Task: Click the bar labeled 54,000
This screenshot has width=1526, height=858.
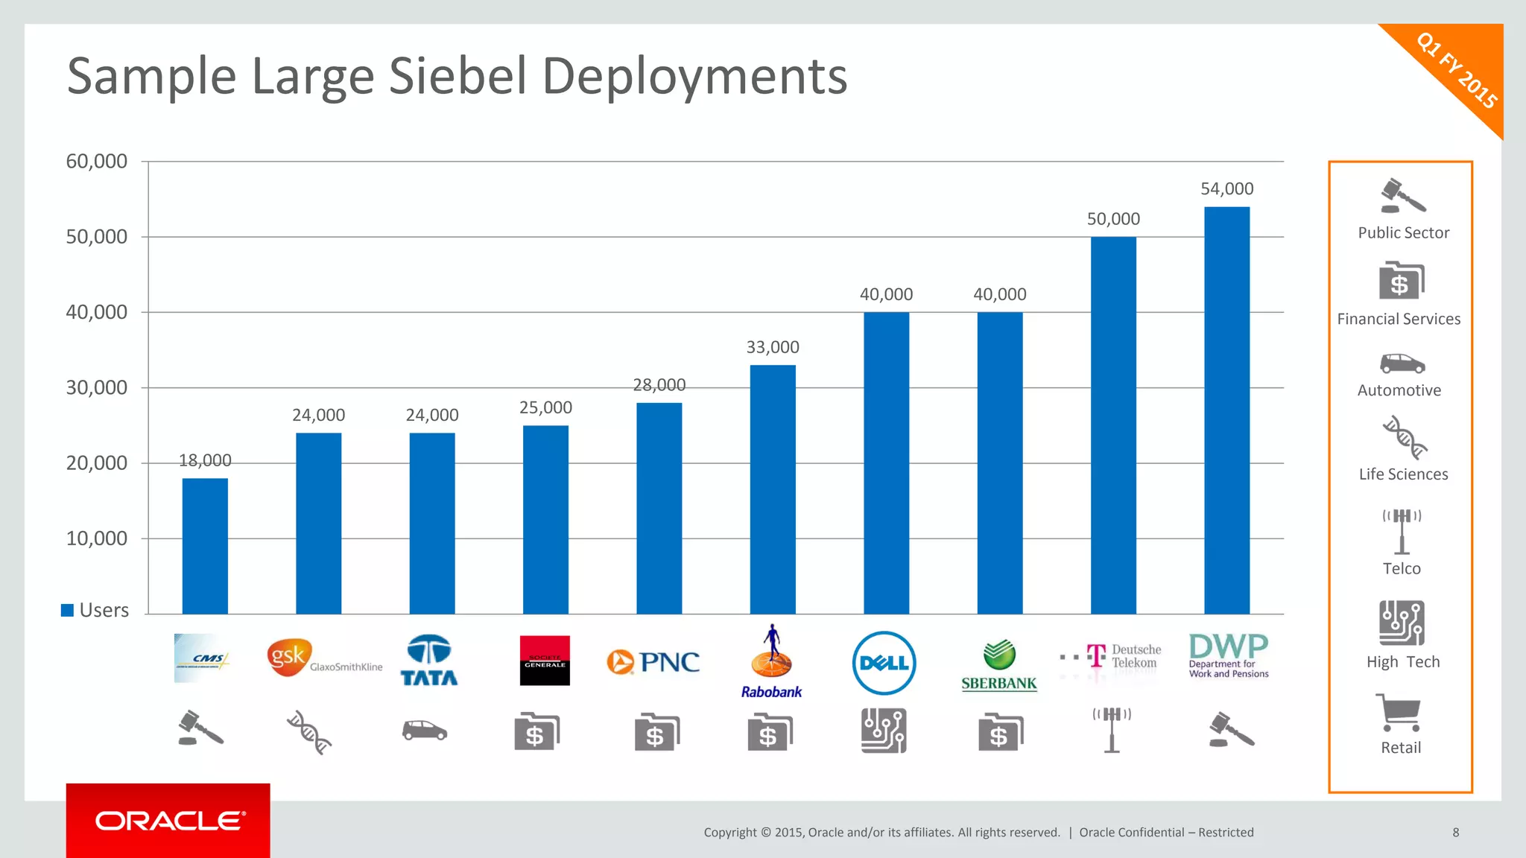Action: pos(1226,410)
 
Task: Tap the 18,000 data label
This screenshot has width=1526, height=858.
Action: pos(205,460)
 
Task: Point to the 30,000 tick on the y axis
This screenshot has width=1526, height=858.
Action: pos(97,387)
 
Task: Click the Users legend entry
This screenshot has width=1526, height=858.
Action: pos(95,610)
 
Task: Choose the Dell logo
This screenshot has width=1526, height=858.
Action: pos(884,662)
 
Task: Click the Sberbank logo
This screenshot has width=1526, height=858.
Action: pos(998,665)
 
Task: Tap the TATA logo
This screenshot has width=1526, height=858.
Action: pos(429,660)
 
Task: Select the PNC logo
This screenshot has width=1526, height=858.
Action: pos(653,661)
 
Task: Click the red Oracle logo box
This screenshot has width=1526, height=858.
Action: pos(168,820)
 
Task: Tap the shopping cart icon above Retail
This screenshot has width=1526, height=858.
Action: pos(1399,713)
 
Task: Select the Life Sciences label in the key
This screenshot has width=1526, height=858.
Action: pos(1403,474)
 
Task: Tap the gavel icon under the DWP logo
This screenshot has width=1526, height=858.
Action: pos(1231,729)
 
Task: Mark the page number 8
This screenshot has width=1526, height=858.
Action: pos(1455,832)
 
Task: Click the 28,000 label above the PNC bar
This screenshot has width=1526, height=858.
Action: pos(659,385)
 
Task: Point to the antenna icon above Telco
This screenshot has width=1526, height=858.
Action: pos(1402,531)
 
